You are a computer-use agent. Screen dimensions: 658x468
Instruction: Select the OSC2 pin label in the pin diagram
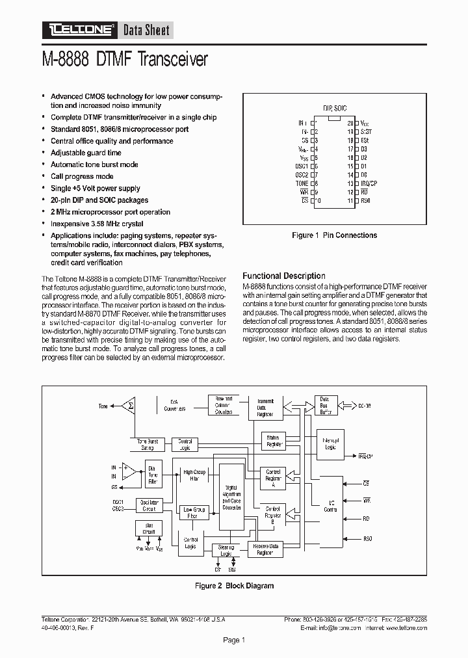click(x=301, y=175)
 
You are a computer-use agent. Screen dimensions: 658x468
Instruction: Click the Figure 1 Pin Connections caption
click(x=334, y=235)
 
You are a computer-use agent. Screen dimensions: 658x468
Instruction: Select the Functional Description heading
click(x=283, y=276)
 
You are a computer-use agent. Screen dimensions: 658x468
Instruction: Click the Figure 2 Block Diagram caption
click(x=234, y=586)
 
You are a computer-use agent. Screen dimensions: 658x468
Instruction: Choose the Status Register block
click(x=273, y=441)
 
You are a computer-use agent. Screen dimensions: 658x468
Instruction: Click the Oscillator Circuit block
click(x=149, y=505)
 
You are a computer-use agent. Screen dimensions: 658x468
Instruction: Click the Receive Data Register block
click(x=266, y=549)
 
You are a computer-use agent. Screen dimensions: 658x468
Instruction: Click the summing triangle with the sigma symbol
click(x=129, y=406)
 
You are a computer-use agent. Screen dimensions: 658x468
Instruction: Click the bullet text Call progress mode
click(x=82, y=176)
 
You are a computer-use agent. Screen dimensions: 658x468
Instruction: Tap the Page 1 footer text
click(x=234, y=640)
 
